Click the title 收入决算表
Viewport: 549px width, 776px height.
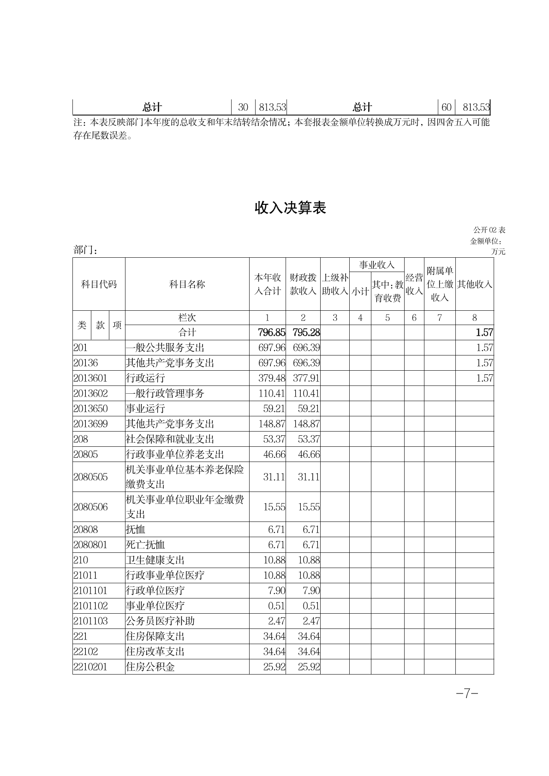tap(290, 208)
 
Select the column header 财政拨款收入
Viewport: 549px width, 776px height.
tap(303, 284)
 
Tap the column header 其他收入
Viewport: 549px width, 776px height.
tap(474, 284)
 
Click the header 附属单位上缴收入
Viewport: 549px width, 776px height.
tap(440, 284)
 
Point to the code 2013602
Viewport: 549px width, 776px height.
tap(90, 393)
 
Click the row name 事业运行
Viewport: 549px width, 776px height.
tap(145, 409)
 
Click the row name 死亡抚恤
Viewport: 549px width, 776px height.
tap(145, 545)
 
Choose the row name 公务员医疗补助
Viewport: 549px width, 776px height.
tap(160, 621)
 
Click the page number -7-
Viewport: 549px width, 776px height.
tap(466, 694)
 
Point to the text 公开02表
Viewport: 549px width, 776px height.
tap(489, 230)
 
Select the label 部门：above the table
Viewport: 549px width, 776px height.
tap(85, 250)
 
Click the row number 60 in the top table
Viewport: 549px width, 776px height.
tap(446, 107)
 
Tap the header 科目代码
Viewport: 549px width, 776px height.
tap(99, 284)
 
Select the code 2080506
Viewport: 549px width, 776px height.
tap(90, 507)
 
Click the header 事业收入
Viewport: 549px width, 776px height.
tap(376, 265)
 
